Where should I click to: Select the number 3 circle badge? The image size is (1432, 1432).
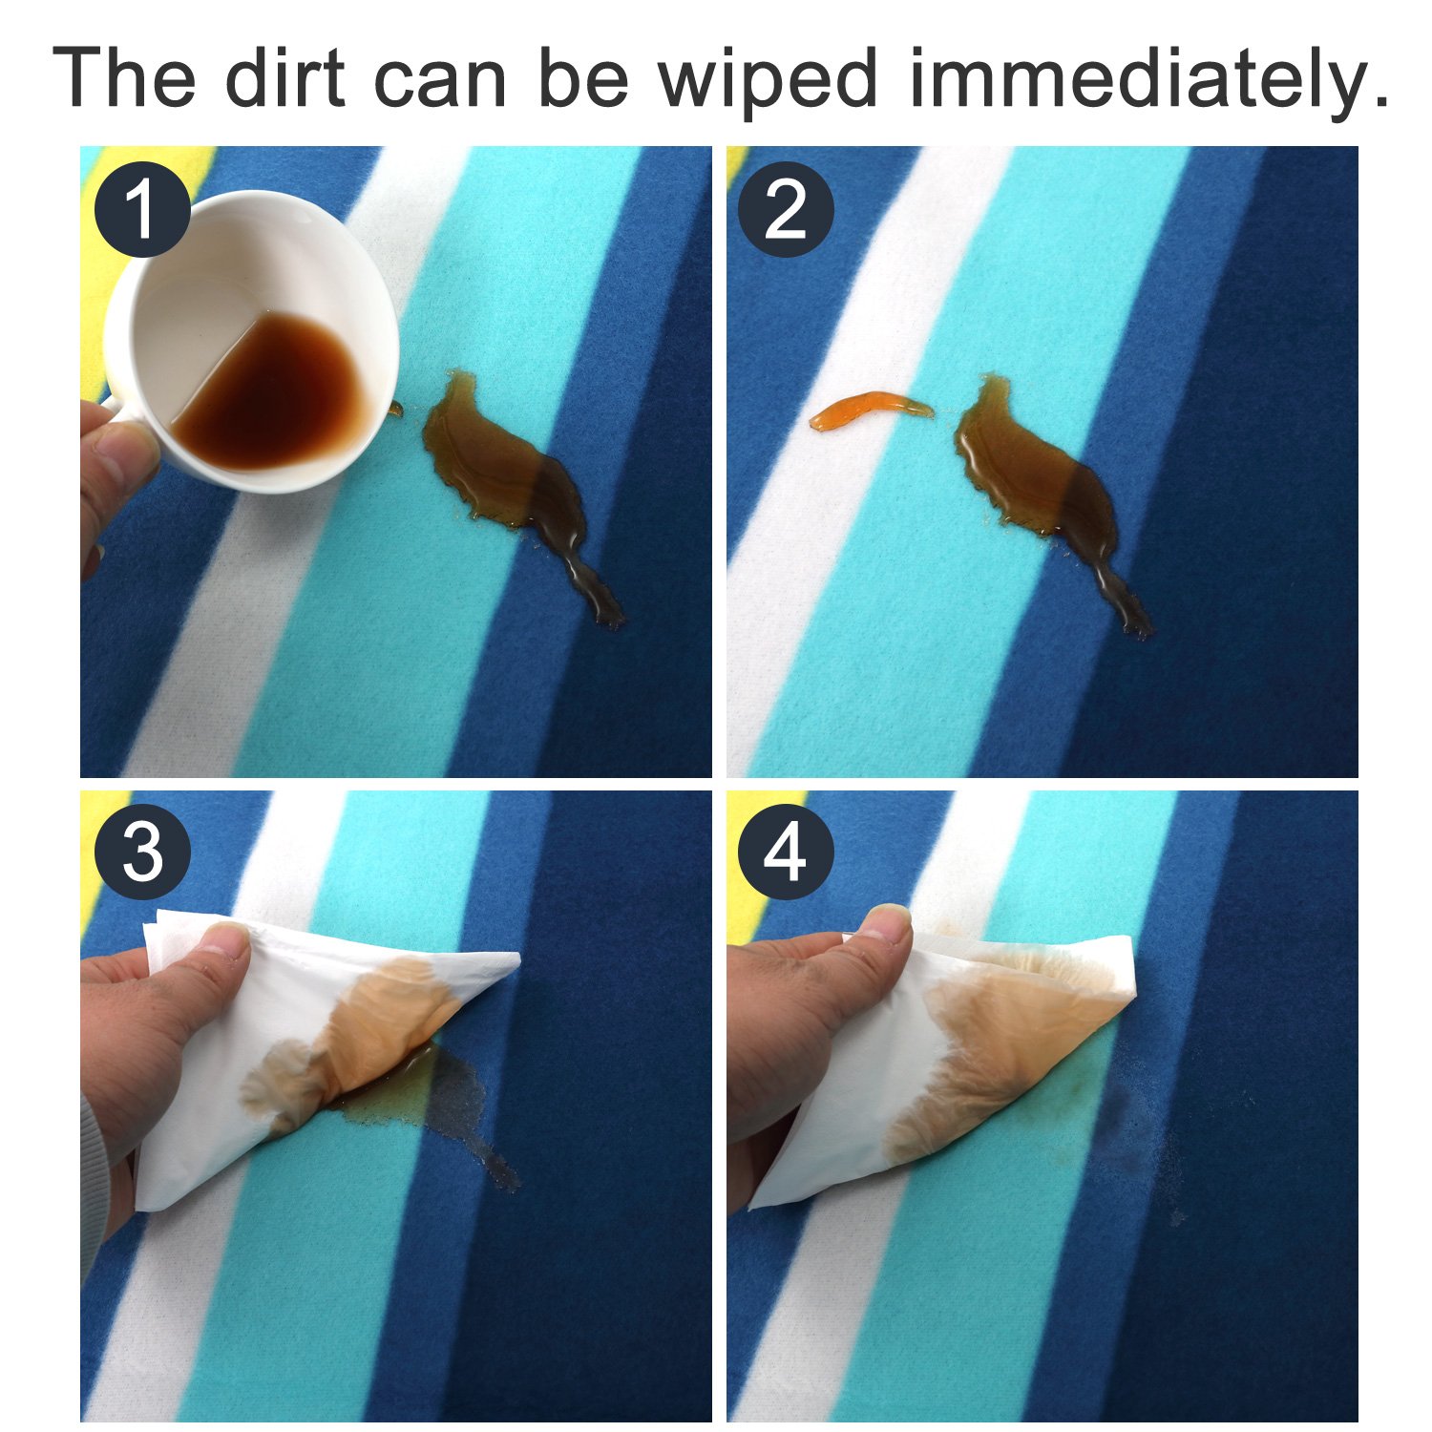pos(141,853)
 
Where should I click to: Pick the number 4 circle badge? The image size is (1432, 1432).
pos(786,853)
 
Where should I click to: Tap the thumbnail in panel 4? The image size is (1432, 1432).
pos(889,923)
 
